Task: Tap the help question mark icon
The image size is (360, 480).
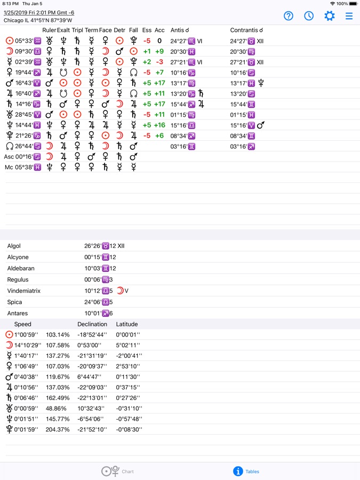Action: click(x=289, y=16)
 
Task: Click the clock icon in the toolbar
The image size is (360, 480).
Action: click(x=309, y=16)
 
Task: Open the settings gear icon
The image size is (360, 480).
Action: click(x=330, y=16)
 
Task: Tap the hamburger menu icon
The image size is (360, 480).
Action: click(x=349, y=16)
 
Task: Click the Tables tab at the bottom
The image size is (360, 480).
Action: click(x=246, y=471)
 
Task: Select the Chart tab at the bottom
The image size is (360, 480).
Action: click(x=118, y=471)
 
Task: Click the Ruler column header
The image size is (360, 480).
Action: click(x=49, y=30)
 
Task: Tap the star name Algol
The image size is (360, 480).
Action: click(x=14, y=246)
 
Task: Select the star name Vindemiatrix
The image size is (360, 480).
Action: click(x=24, y=291)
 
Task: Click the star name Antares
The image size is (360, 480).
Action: click(x=18, y=314)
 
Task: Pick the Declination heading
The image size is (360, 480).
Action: click(x=92, y=324)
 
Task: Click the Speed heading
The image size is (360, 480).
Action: click(x=23, y=324)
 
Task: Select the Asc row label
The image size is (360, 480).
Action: click(x=9, y=157)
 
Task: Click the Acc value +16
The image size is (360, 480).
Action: click(x=159, y=125)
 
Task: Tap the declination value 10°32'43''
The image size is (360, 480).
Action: click(x=92, y=409)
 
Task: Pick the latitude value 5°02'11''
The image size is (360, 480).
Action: click(x=128, y=345)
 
